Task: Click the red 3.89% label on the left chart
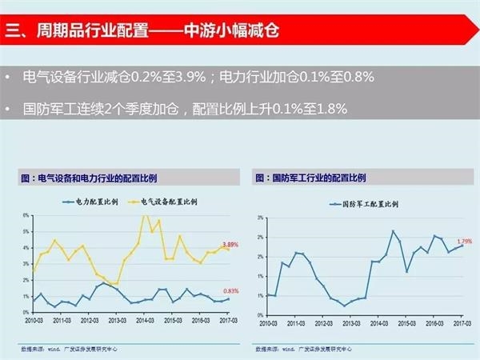(230, 244)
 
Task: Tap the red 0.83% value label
(230, 290)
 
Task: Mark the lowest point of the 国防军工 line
(344, 306)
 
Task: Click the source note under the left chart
(68, 349)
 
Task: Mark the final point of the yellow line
(228, 250)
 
